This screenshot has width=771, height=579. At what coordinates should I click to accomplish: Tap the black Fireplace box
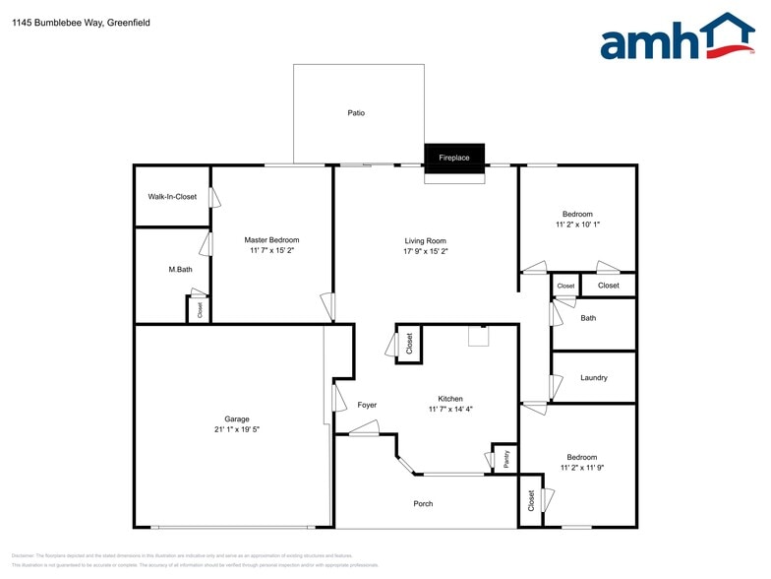454,158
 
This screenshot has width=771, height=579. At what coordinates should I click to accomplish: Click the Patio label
356,113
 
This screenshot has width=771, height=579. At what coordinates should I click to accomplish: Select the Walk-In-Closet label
172,197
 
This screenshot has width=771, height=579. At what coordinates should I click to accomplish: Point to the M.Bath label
180,269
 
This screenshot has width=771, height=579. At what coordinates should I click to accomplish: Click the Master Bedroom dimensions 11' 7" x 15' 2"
271,251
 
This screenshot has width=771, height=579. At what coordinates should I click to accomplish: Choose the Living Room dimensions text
426,251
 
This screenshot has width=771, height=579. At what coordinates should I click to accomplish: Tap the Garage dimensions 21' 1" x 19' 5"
236,429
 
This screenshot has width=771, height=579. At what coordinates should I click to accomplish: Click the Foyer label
367,405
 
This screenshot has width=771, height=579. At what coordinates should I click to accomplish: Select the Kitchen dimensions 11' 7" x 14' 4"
450,409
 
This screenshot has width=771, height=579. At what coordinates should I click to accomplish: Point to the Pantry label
505,458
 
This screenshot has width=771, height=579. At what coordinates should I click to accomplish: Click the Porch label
423,504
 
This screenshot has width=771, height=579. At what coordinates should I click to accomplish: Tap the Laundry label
594,378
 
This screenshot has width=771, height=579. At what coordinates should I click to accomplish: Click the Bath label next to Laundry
588,318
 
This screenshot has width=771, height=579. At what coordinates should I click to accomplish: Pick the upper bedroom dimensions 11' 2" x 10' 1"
577,225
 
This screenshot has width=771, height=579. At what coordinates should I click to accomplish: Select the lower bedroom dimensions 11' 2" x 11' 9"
581,468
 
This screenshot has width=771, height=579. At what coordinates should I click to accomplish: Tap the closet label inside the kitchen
410,344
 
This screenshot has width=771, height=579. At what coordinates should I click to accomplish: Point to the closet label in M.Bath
201,309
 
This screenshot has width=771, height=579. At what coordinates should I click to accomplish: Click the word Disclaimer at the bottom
24,556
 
